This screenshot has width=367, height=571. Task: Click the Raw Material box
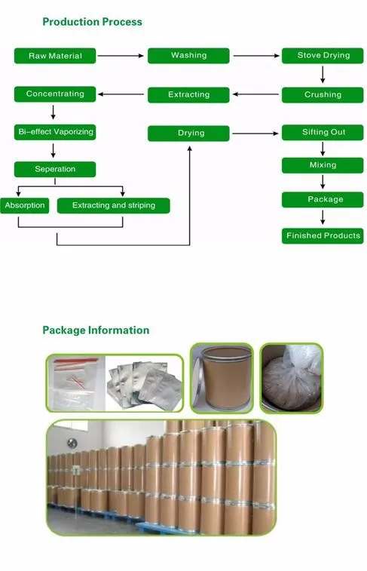[x=55, y=56]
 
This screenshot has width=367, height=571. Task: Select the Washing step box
[x=188, y=55]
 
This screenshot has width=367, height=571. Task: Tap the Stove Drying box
[x=323, y=55]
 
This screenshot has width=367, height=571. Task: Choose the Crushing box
[x=323, y=95]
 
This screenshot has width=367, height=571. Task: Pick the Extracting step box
[x=188, y=95]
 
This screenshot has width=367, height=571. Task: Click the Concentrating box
[x=55, y=94]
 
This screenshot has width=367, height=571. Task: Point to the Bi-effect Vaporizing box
[x=55, y=132]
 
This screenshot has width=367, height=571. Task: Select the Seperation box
[x=55, y=169]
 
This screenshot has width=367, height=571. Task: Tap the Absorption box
[x=24, y=205]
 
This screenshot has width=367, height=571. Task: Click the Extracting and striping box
[x=114, y=205]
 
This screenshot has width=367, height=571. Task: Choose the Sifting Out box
[x=323, y=132]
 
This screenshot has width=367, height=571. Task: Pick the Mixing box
[x=323, y=165]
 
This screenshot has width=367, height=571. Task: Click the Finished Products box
[x=323, y=236]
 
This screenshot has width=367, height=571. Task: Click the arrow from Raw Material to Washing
[x=121, y=56]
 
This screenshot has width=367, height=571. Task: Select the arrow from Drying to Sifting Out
[x=255, y=134]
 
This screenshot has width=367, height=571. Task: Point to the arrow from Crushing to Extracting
[x=255, y=94]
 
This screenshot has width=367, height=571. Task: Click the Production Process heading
[x=93, y=22]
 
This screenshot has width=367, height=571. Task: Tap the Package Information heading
[x=96, y=330]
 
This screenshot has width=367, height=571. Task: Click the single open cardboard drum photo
[x=222, y=379]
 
